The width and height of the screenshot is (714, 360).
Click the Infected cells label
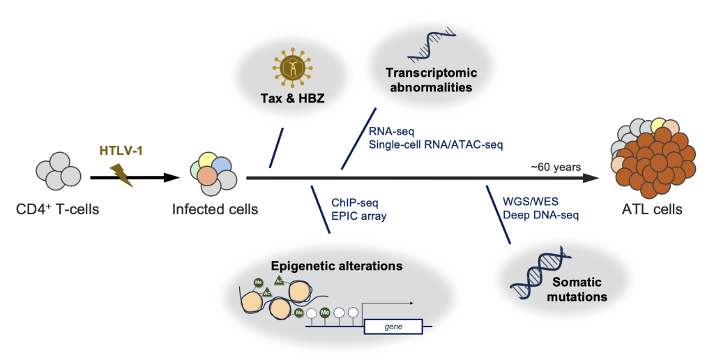point(215,208)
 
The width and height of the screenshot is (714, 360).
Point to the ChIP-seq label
point(355,202)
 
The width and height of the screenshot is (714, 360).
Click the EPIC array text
point(358,216)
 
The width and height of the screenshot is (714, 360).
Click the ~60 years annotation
point(556,166)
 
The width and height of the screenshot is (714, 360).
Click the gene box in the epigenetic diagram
point(393,326)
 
